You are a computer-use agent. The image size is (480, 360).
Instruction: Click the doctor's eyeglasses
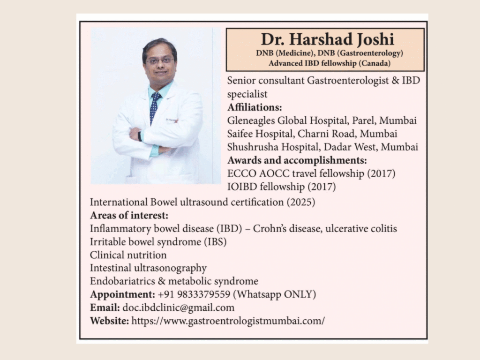coord(159,60)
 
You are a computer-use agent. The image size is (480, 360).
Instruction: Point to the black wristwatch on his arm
coord(140,136)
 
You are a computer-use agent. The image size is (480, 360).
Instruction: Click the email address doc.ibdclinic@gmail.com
coord(178,308)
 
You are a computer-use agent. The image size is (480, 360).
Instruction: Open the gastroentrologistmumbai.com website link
coord(228,321)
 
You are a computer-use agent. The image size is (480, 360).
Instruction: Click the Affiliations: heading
coord(255,107)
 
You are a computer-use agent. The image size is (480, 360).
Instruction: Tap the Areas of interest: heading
coord(129,216)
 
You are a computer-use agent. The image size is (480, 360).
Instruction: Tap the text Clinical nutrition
coord(128,255)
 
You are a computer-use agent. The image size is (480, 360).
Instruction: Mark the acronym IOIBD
coord(242,187)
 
